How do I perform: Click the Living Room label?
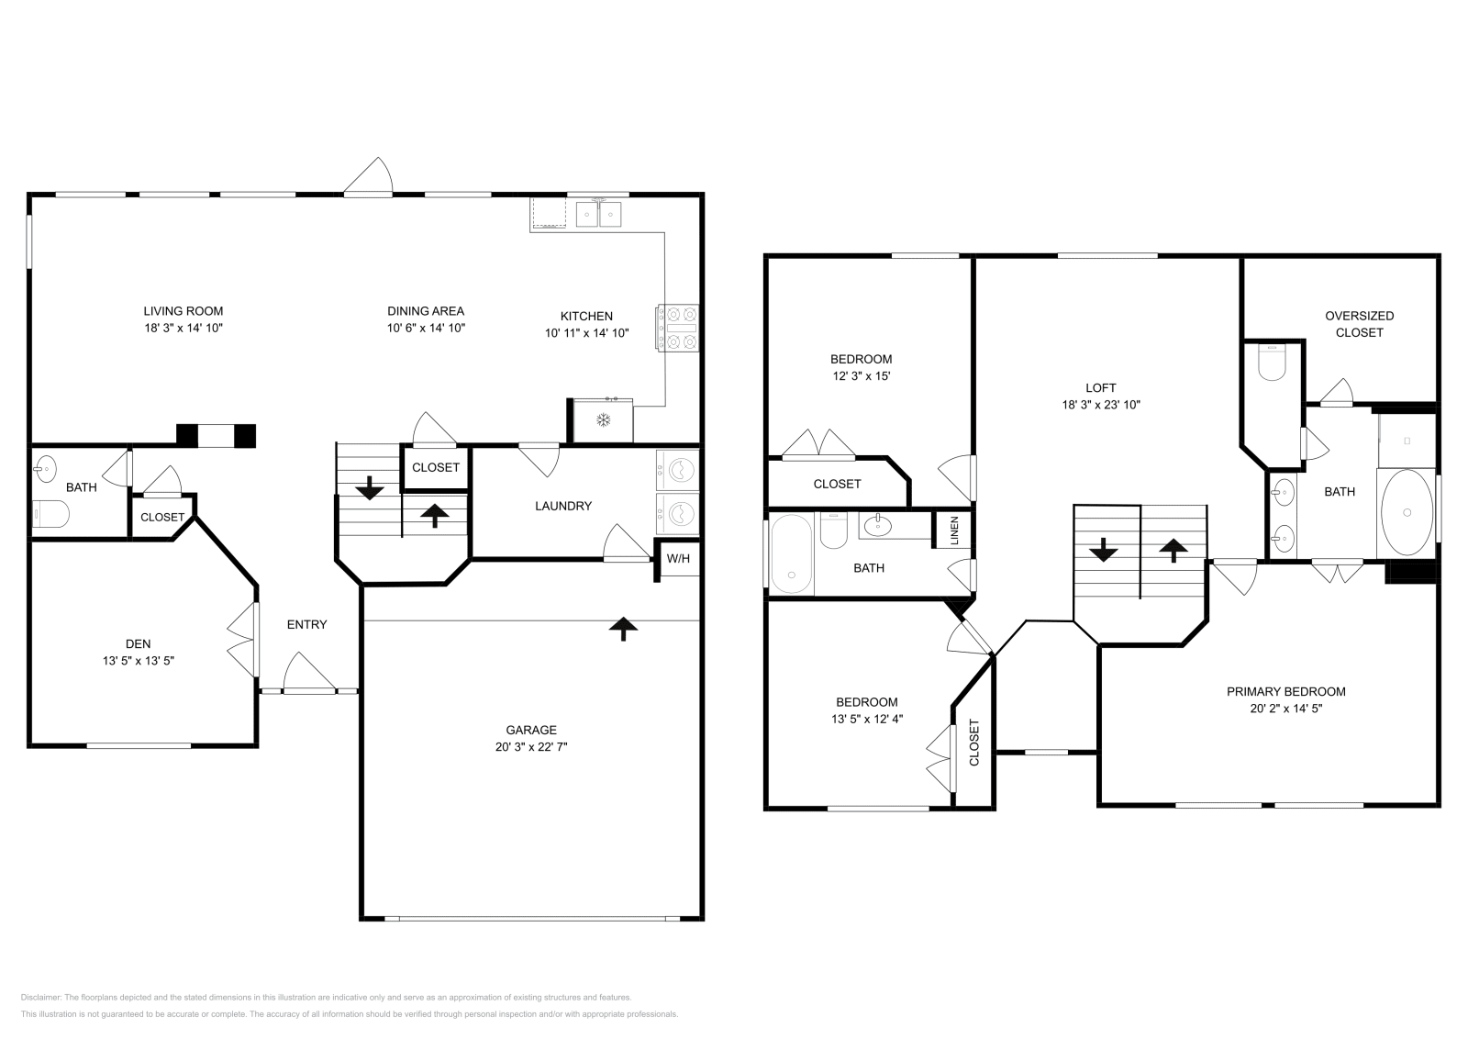point(183,311)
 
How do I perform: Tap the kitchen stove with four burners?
point(677,328)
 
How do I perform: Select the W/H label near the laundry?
point(678,559)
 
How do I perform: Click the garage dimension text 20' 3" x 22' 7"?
point(531,747)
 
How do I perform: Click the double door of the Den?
point(243,640)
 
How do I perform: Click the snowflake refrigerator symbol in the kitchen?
point(604,420)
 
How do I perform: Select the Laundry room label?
point(563,506)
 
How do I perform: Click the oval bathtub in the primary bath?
point(1406,512)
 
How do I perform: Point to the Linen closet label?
point(954,530)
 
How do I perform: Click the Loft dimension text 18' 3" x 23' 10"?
point(1101,405)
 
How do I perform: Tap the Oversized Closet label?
point(1359,324)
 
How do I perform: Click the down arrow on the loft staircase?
point(1103,551)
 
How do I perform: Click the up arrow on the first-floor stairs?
point(435,515)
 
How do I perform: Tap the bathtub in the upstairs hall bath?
point(792,553)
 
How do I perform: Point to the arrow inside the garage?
point(624,628)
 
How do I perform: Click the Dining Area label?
point(426,311)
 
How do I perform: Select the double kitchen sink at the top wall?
point(599,214)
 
